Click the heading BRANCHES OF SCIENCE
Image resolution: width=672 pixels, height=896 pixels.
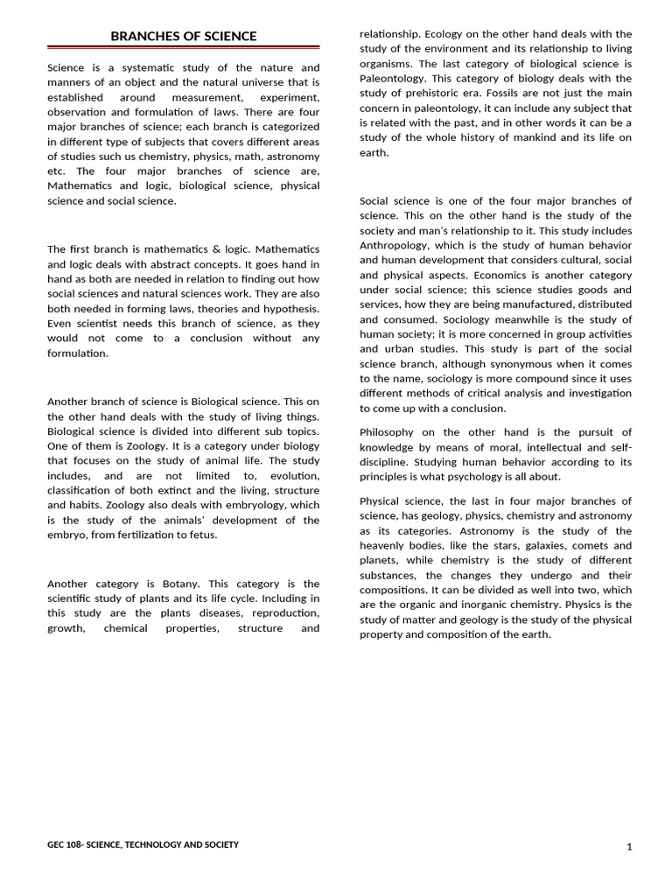(x=184, y=36)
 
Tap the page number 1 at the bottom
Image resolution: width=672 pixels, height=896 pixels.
(x=629, y=847)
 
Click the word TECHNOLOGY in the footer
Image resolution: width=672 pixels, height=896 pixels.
(x=154, y=844)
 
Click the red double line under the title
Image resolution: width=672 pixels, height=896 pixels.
(x=184, y=47)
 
